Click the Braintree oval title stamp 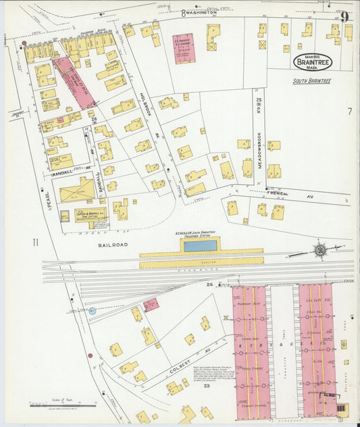[313, 61]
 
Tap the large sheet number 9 [345, 18]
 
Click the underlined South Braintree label [313, 81]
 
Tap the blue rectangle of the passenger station [201, 246]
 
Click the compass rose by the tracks [319, 250]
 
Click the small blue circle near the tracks [93, 311]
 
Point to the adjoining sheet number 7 [350, 111]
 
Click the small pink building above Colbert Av [151, 305]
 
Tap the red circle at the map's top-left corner [25, 43]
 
